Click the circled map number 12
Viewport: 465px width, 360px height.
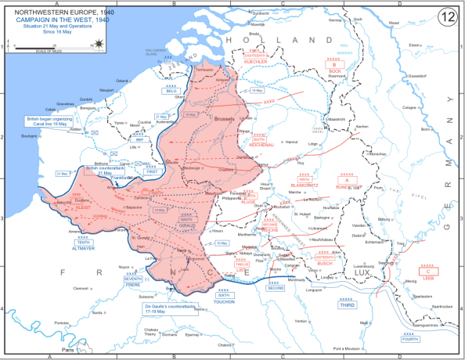pyautogui.click(x=449, y=16)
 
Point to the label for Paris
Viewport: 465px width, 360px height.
pyautogui.click(x=70, y=349)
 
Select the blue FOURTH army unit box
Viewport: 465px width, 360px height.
pyautogui.click(x=409, y=339)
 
